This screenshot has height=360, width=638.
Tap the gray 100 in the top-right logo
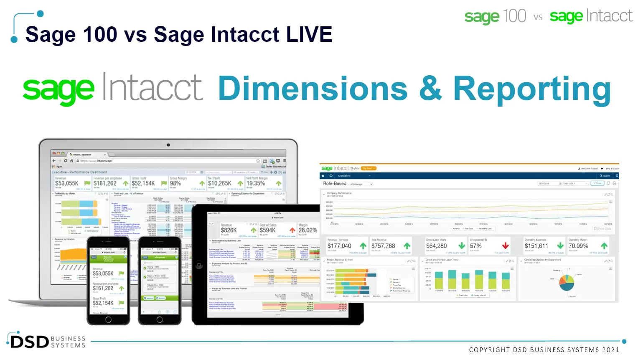[514, 16]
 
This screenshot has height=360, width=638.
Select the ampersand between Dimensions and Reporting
[430, 88]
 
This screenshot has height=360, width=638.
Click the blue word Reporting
[531, 89]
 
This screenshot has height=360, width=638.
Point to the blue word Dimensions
[313, 88]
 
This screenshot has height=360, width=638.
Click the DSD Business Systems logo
[46, 341]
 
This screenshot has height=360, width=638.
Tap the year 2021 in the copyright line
[610, 350]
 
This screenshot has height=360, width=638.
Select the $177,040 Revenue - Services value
[339, 246]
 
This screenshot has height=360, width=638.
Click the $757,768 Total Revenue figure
[383, 246]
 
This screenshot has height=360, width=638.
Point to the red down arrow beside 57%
[505, 246]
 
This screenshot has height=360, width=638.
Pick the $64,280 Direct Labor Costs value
[436, 246]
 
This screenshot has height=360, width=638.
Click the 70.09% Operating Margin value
[578, 246]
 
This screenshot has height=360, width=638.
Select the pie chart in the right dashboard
[567, 282]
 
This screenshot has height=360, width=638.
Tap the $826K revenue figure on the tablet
[229, 230]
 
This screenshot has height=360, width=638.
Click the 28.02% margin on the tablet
[308, 230]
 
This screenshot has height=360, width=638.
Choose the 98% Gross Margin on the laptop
[175, 183]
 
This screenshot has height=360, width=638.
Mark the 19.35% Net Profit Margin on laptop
[255, 183]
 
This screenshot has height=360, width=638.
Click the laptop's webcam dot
[168, 145]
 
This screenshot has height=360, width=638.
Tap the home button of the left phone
[108, 320]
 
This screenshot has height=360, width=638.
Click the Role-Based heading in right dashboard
[335, 184]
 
